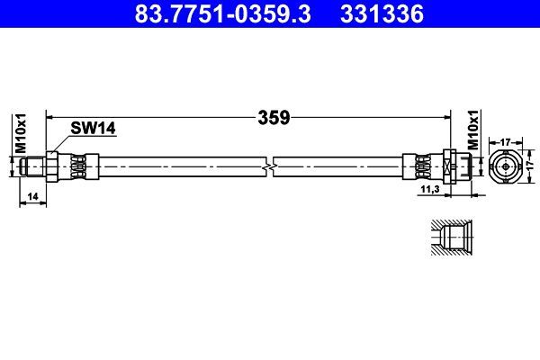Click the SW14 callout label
94,130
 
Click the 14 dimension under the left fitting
32,196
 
